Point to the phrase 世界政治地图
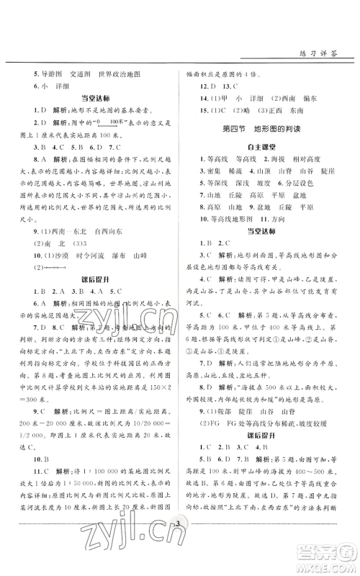coord(120,74)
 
